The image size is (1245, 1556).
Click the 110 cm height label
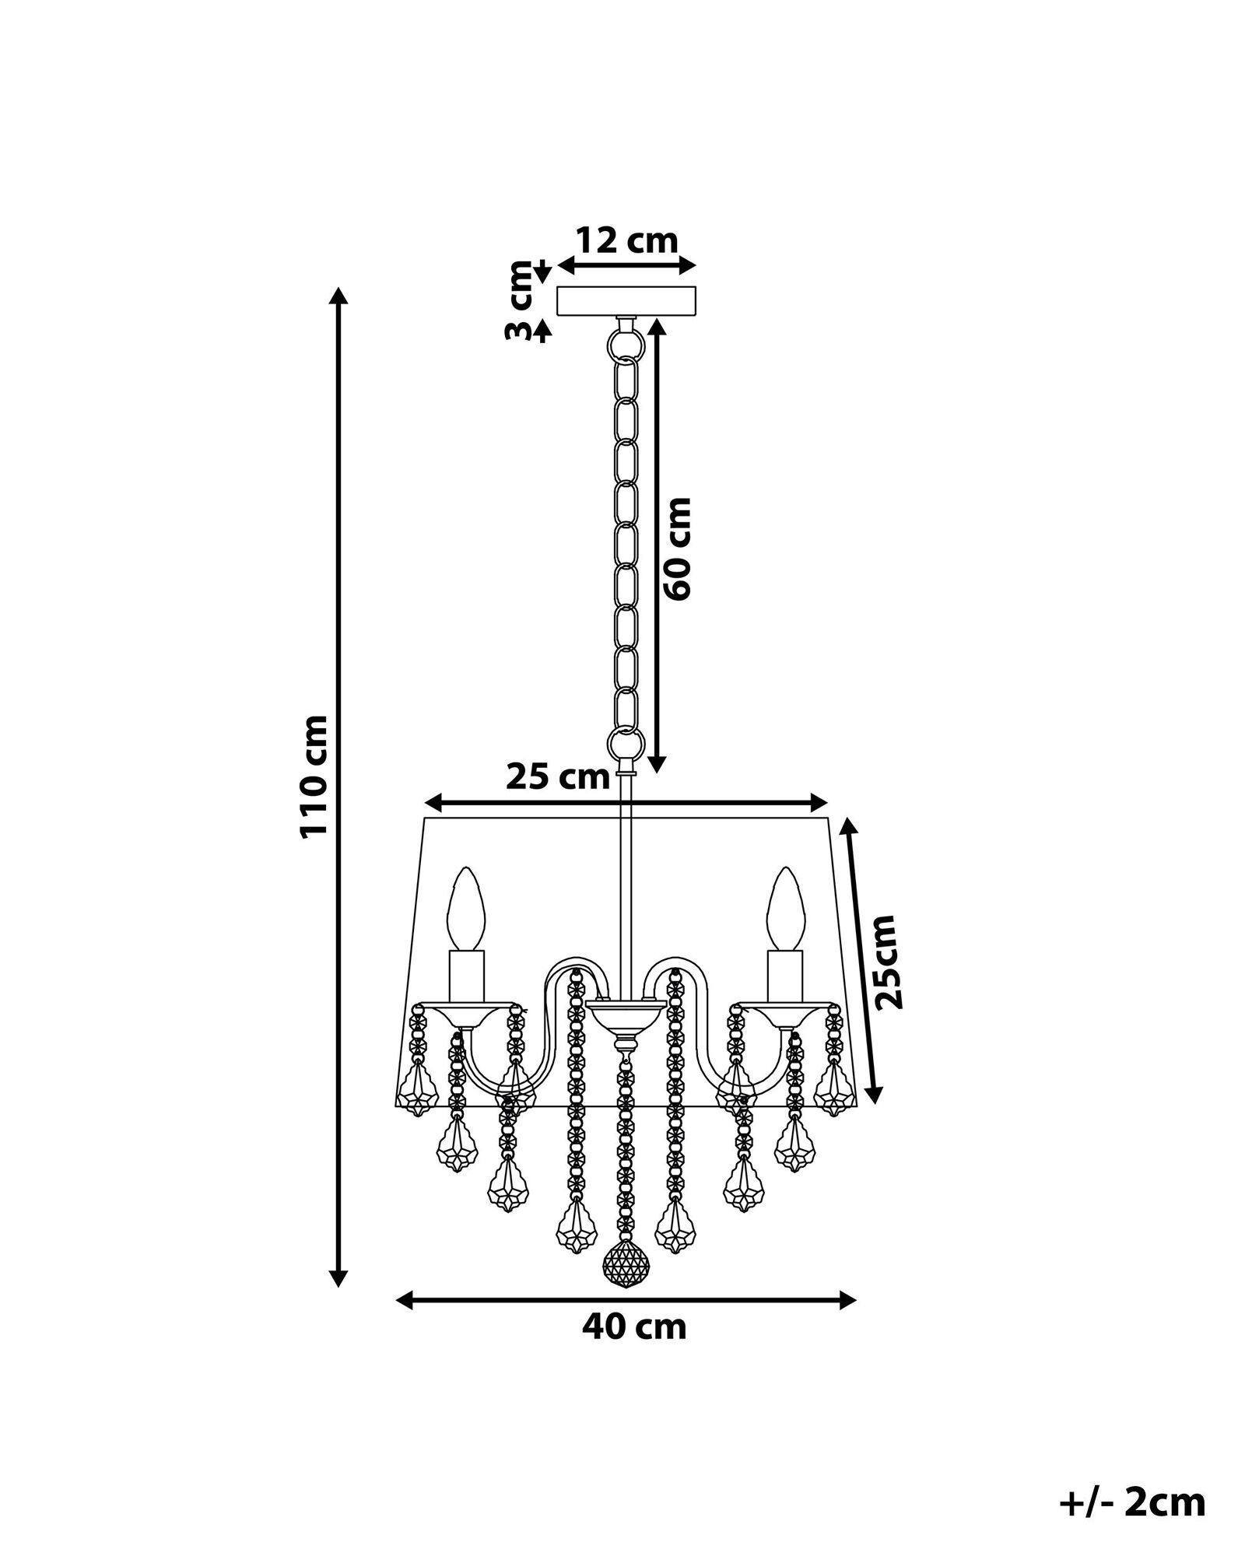coord(314,776)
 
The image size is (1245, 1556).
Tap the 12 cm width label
coord(626,240)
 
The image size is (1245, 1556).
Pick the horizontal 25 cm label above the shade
coord(558,776)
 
